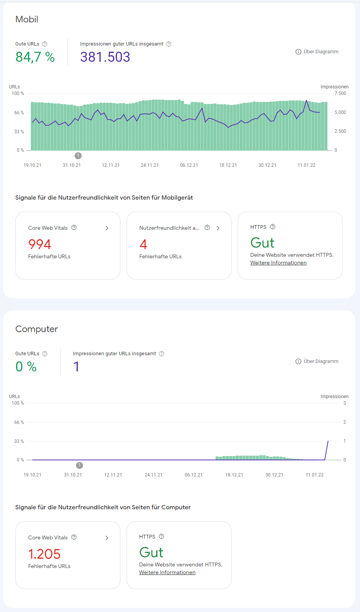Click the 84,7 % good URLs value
pos(35,57)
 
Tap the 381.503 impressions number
pos(105,57)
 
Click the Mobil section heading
pos(27,19)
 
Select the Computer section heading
pos(37,329)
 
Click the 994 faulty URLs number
pos(40,244)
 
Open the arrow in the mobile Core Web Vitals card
pos(107,228)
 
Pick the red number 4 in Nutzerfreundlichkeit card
pos(143,244)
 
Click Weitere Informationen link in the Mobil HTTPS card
pos(278,263)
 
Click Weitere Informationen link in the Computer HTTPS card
pos(167,573)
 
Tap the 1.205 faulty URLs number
pos(44,554)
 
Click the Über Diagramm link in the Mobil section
pos(317,52)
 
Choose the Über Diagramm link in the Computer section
pos(317,361)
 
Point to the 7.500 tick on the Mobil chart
pos(340,93)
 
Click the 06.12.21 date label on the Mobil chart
pos(189,165)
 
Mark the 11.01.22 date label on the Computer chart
pos(314,475)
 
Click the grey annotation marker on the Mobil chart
pos(78,156)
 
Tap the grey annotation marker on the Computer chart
pos(79,465)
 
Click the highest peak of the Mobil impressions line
pos(307,100)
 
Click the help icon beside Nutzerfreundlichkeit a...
pos(207,228)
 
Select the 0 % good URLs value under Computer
pos(26,367)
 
